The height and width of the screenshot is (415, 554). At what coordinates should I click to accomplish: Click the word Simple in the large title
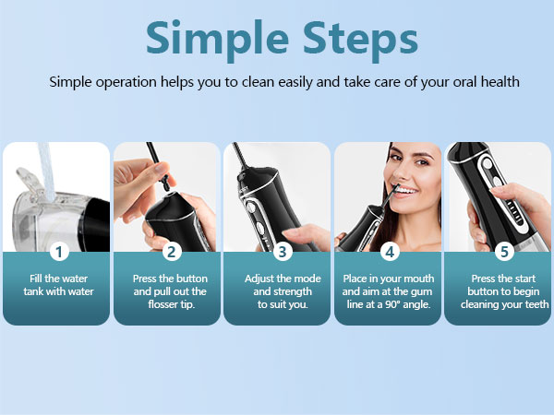(217, 39)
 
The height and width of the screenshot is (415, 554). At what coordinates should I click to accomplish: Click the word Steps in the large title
(360, 39)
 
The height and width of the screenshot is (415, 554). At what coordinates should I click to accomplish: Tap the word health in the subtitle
(500, 82)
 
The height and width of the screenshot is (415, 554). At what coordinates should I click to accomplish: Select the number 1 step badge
(59, 252)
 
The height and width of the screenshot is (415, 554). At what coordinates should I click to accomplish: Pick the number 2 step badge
(172, 252)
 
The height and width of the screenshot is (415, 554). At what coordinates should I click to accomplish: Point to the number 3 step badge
(283, 252)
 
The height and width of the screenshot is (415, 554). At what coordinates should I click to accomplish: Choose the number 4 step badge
(390, 252)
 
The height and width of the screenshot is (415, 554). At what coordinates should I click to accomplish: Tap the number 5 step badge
(504, 252)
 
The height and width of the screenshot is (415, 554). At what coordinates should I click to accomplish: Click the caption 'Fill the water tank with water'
(59, 285)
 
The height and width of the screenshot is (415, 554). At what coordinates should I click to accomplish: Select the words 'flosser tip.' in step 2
(172, 304)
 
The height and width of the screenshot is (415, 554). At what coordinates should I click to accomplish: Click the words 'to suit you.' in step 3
(283, 304)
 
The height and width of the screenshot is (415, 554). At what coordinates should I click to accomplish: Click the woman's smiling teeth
(406, 191)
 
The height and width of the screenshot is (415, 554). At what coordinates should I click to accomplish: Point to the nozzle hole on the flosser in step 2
(169, 194)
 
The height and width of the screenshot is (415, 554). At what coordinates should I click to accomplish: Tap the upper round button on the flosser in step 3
(250, 207)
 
